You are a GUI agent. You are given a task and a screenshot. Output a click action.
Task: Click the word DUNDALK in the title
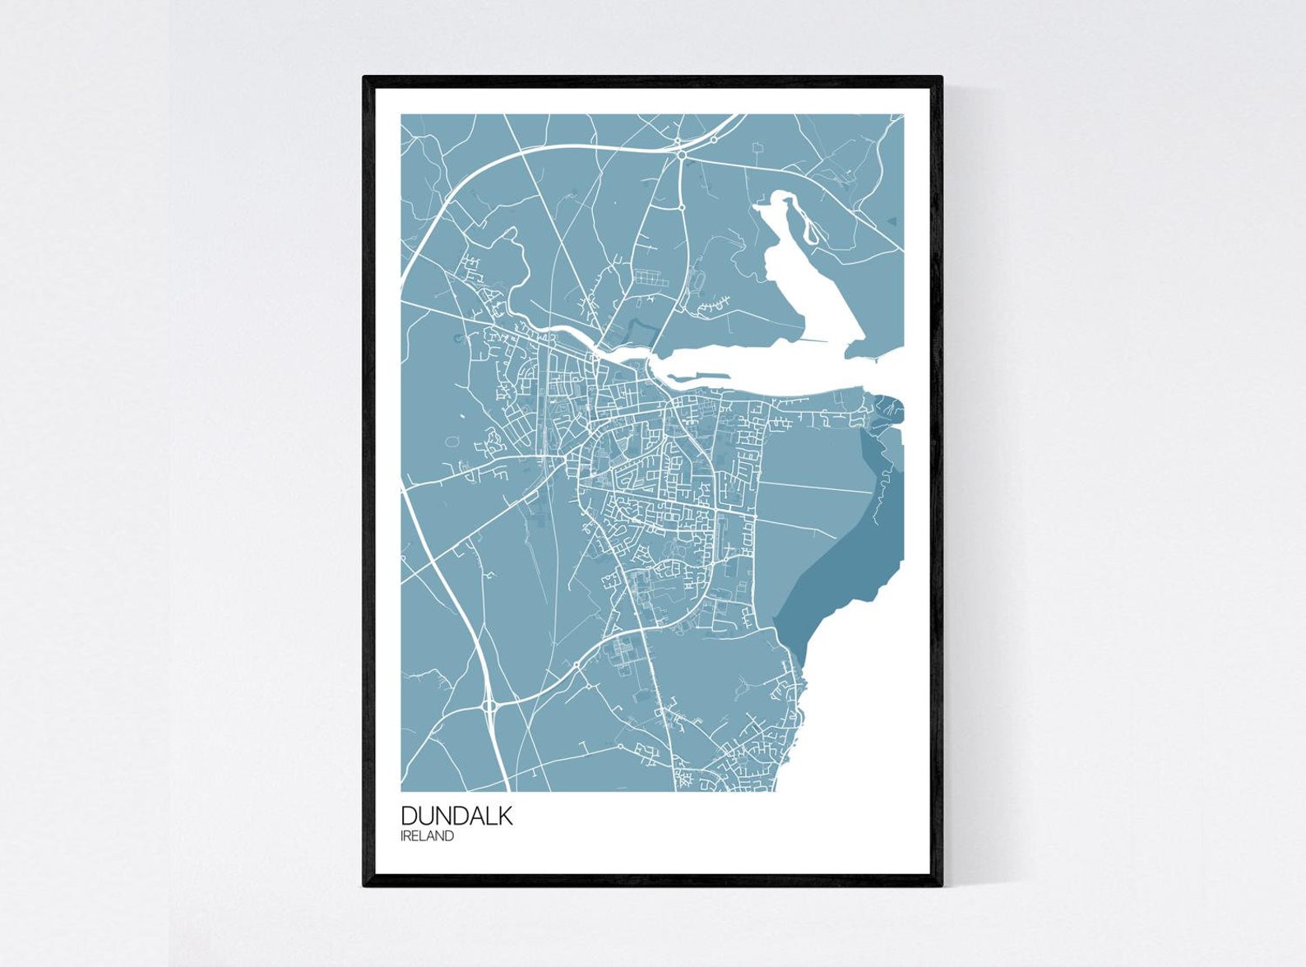pos(456,816)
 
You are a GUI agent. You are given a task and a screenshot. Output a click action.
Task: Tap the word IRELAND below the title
pos(427,836)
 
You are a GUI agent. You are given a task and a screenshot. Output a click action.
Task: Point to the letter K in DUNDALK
pos(504,816)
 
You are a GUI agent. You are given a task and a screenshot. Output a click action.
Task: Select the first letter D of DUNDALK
pos(410,816)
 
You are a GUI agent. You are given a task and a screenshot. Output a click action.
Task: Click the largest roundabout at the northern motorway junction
pos(682,154)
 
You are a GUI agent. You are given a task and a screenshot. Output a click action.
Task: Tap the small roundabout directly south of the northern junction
pos(683,208)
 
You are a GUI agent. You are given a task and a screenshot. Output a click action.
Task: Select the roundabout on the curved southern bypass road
pos(577,664)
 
